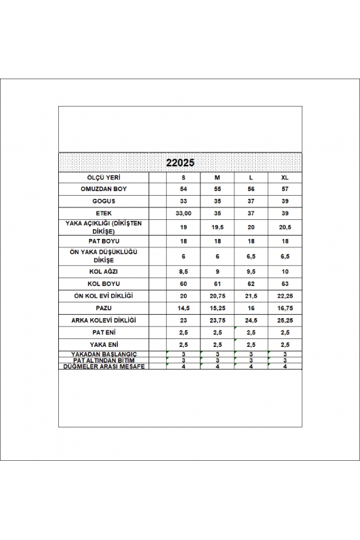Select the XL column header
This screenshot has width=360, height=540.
coord(285,177)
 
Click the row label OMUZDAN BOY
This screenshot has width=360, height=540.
coord(103,189)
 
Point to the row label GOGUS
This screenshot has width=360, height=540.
coord(103,201)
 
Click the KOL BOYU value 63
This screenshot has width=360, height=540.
coord(285,285)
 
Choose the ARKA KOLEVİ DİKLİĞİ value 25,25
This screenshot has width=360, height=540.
coord(285,320)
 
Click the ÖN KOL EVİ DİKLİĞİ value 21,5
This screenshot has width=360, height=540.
coord(251,297)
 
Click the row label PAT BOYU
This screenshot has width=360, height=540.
coord(103,242)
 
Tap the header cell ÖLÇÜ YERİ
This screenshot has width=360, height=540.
coord(103,177)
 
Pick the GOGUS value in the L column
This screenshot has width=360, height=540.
coord(251,201)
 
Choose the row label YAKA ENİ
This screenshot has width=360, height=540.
coord(103,344)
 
